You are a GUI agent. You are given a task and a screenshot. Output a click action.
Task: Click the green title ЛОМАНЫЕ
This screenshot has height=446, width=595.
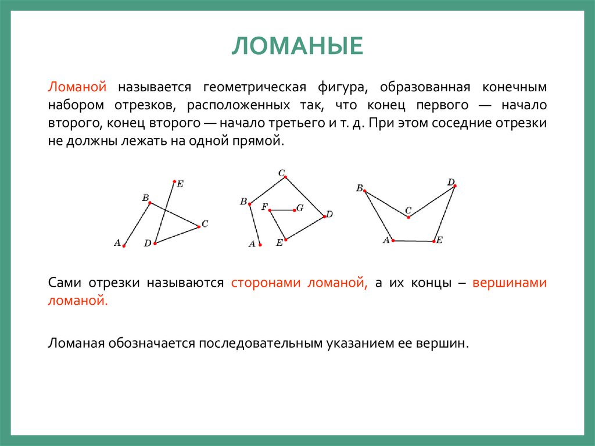(x=297, y=46)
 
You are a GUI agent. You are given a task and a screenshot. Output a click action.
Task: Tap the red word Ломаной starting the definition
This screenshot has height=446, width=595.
(x=77, y=87)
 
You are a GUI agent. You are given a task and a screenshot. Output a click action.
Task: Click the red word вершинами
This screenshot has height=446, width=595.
(x=510, y=283)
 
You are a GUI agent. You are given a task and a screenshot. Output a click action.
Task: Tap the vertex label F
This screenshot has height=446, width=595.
(x=264, y=206)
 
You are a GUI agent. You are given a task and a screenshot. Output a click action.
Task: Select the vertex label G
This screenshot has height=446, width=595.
(x=300, y=208)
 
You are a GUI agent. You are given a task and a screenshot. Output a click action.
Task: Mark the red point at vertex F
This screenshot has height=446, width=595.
(x=270, y=210)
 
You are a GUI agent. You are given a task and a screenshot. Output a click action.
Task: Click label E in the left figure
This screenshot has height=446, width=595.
(x=180, y=184)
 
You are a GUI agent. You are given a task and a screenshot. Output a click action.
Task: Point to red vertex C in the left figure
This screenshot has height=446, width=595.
(x=199, y=226)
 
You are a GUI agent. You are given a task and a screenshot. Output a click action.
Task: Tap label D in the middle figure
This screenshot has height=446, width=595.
(x=329, y=215)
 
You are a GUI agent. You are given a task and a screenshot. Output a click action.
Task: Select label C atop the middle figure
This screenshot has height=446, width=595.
(x=282, y=173)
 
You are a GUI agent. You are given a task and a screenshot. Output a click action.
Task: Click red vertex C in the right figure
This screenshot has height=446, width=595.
(x=408, y=217)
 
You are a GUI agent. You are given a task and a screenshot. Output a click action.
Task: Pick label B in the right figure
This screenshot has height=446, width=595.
(x=359, y=188)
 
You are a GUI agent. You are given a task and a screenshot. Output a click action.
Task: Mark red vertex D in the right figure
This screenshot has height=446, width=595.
(x=455, y=186)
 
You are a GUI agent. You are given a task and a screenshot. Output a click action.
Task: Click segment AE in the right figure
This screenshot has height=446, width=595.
(x=413, y=240)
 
